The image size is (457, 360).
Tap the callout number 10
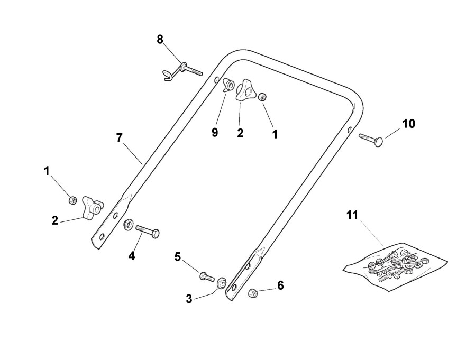pos(408,124)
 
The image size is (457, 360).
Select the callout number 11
pos(353,215)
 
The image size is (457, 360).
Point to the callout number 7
pos(120,137)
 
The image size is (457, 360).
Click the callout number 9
pos(215,132)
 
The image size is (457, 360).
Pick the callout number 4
pos(132,256)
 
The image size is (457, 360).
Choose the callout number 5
pos(178,256)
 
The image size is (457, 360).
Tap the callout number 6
pos(280,285)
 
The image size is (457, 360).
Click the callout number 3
pos(189,299)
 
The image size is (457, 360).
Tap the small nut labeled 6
pos(253,292)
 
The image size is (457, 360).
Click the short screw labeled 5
pos(205,275)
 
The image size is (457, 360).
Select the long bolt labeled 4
pos(147,230)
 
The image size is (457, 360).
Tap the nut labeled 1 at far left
pos(73,200)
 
